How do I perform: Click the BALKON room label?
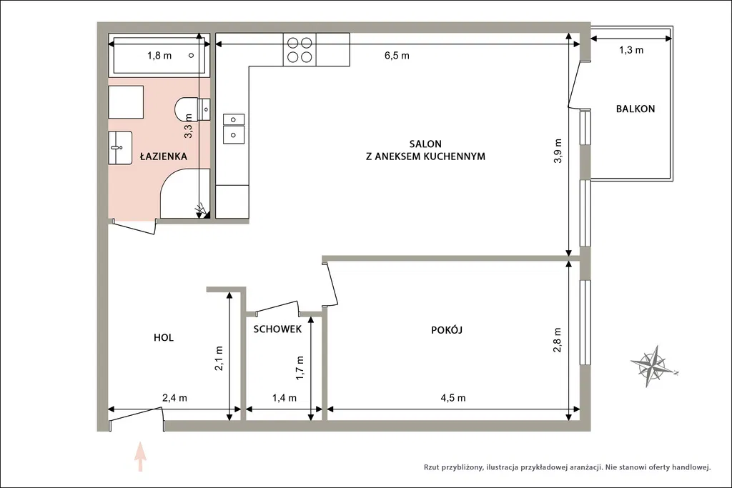coord(635,109)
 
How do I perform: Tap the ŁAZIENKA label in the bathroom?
coord(164,156)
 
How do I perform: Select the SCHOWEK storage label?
coord(277,329)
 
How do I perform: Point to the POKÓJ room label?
coord(446,330)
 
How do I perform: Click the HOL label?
coord(164,337)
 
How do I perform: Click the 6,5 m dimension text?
coord(397,56)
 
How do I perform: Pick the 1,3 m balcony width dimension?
coord(631,50)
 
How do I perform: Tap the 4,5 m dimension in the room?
coord(452,398)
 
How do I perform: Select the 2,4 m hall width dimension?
coord(174,398)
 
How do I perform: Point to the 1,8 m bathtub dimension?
coord(159,56)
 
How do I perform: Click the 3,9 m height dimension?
coord(558,151)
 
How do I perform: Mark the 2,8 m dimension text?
coord(558,339)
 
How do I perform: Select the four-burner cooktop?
coord(300,49)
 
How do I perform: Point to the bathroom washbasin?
coord(120,147)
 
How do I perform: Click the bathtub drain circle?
coord(191,56)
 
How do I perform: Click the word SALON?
coord(425,144)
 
